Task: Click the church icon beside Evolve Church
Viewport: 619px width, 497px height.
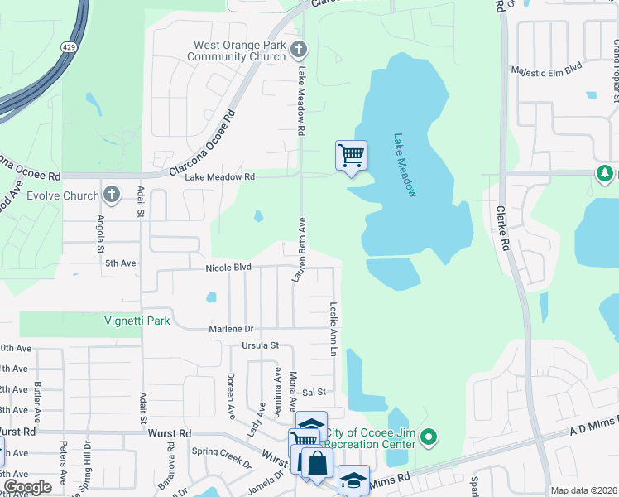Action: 112,195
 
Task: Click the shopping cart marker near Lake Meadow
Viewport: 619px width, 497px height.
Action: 352,155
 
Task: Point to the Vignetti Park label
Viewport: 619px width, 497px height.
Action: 137,321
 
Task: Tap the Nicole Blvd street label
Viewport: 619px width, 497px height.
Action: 228,268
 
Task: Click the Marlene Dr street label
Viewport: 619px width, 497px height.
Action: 230,328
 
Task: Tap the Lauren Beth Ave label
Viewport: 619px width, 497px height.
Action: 300,251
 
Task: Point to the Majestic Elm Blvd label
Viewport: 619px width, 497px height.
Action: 549,72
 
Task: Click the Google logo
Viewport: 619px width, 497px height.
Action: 27,487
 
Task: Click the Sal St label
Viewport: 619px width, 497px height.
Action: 315,391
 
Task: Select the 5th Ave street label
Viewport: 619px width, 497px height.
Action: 120,263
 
